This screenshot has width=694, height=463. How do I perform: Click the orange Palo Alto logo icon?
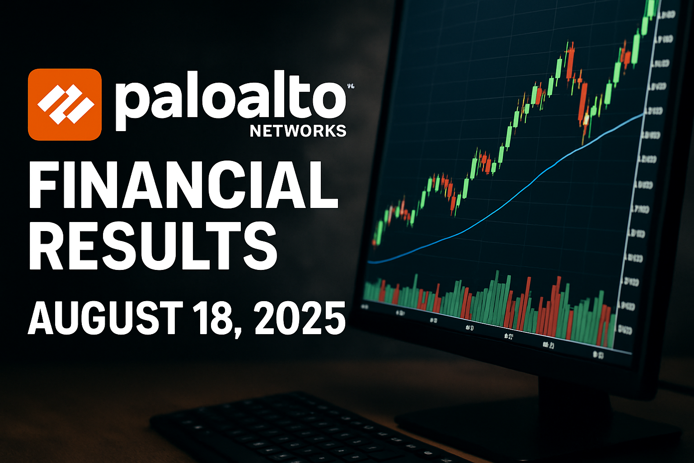click(65, 104)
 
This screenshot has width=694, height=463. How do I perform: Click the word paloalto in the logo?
click(230, 102)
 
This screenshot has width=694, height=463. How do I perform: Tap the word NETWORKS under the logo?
click(298, 131)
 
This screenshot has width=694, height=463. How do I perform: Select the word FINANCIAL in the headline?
click(183, 185)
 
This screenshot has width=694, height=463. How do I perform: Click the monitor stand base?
click(538, 420)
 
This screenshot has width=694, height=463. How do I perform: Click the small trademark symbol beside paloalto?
click(351, 85)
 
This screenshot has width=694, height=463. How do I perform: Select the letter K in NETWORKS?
click(326, 131)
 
